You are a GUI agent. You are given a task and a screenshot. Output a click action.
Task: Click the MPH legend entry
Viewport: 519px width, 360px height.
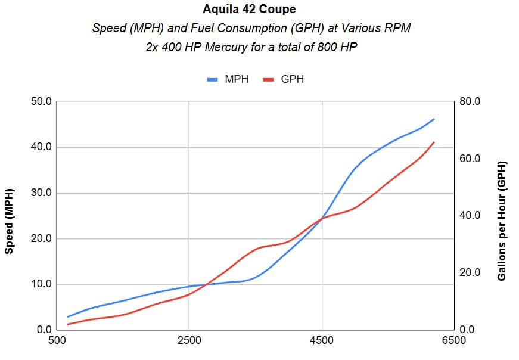pyautogui.click(x=228, y=79)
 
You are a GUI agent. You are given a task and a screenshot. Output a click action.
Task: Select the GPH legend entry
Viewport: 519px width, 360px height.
pyautogui.click(x=284, y=79)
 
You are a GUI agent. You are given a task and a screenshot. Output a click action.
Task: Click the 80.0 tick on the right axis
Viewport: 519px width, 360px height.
pyautogui.click(x=469, y=102)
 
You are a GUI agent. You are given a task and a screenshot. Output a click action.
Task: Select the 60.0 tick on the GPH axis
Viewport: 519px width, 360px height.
pyautogui.click(x=469, y=159)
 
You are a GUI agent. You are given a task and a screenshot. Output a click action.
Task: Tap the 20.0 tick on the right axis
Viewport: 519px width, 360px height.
pyautogui.click(x=469, y=273)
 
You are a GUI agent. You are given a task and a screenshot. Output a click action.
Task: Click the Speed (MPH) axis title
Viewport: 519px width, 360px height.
pyautogui.click(x=10, y=216)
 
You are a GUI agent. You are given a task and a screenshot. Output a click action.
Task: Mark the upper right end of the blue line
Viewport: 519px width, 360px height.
pyautogui.click(x=434, y=119)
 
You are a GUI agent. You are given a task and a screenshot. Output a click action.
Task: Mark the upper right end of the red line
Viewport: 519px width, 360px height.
pyautogui.click(x=434, y=142)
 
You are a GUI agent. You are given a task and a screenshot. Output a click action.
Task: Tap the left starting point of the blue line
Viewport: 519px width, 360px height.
pyautogui.click(x=67, y=317)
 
